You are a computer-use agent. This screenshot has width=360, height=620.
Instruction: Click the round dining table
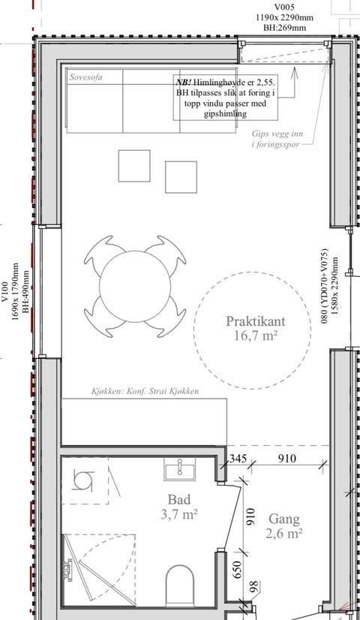click(x=135, y=287)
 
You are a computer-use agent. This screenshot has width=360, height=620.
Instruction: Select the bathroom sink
click(x=180, y=469)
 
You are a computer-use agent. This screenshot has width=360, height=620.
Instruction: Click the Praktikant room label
click(x=255, y=321)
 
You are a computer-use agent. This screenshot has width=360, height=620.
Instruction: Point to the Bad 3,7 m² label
click(x=179, y=507)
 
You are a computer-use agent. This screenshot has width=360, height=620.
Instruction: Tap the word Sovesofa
click(x=85, y=77)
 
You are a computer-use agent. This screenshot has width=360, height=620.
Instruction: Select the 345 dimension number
click(x=238, y=459)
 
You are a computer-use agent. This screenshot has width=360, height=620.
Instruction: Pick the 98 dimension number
click(x=253, y=587)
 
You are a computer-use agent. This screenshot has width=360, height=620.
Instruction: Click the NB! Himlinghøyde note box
click(x=225, y=98)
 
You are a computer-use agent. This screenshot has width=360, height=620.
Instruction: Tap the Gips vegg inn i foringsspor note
click(x=277, y=139)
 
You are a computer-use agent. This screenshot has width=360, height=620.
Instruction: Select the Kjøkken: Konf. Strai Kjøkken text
click(x=145, y=392)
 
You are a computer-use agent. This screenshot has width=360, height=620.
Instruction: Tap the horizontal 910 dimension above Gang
click(x=286, y=459)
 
